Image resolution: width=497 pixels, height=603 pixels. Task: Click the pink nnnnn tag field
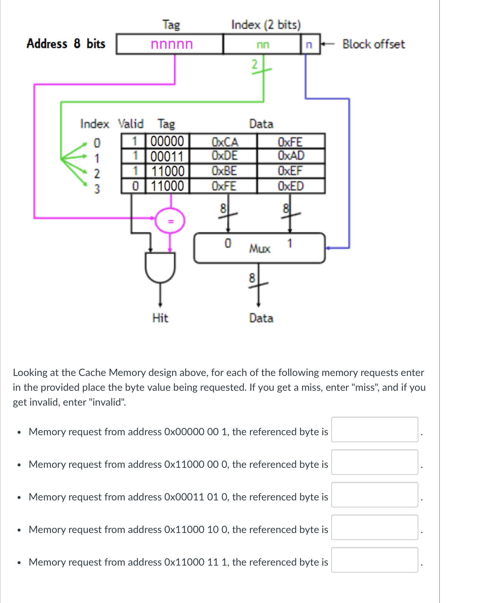[x=171, y=44]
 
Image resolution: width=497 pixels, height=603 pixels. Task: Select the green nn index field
[x=263, y=44]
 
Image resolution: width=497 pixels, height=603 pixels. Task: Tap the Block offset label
[x=373, y=44]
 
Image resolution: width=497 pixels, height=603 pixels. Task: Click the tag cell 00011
[x=167, y=156]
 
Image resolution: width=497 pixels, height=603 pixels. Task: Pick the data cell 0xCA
[x=224, y=142]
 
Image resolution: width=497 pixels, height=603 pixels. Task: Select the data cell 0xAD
[x=291, y=156]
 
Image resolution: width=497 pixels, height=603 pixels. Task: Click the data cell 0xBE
[x=224, y=171]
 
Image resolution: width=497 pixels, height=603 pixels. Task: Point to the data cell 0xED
[x=291, y=186]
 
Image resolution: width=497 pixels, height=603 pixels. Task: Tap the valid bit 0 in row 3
[x=135, y=186]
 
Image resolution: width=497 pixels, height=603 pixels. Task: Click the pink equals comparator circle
[x=170, y=221]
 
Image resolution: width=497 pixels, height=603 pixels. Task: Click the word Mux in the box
[x=260, y=249]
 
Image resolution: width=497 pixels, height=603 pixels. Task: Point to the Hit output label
[x=160, y=318]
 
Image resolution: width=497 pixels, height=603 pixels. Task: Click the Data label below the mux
[x=261, y=318]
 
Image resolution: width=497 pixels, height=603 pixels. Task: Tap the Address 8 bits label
[x=66, y=44]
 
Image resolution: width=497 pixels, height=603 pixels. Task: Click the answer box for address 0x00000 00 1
[x=375, y=430]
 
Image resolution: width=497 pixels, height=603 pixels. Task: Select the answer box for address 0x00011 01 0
[x=375, y=495]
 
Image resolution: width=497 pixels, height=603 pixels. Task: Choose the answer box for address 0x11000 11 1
[x=375, y=560]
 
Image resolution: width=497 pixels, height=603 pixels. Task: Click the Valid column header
[x=131, y=124]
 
